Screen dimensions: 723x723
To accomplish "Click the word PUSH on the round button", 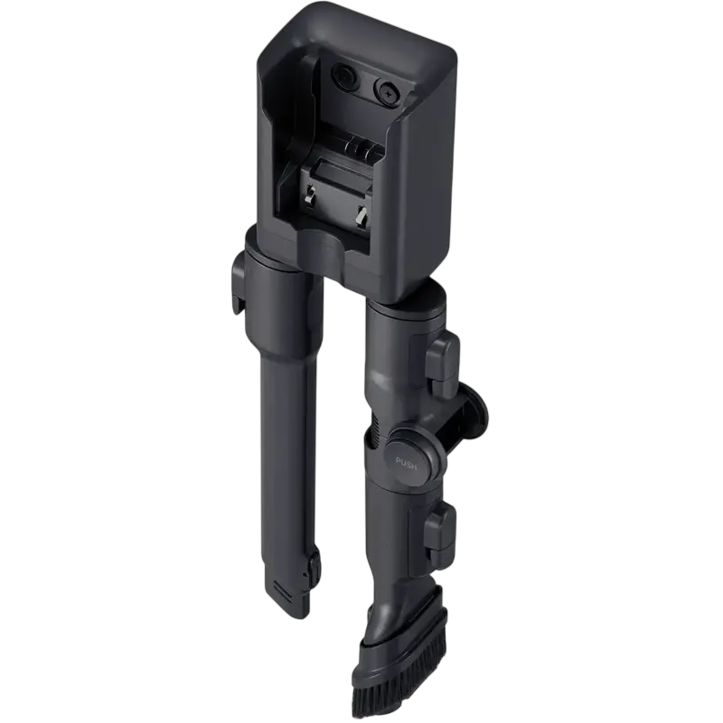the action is (406, 463).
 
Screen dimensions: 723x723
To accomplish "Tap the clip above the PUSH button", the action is (442, 357).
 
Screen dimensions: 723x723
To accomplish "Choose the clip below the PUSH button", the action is (440, 531).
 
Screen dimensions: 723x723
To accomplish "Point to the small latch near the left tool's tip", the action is (313, 567).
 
